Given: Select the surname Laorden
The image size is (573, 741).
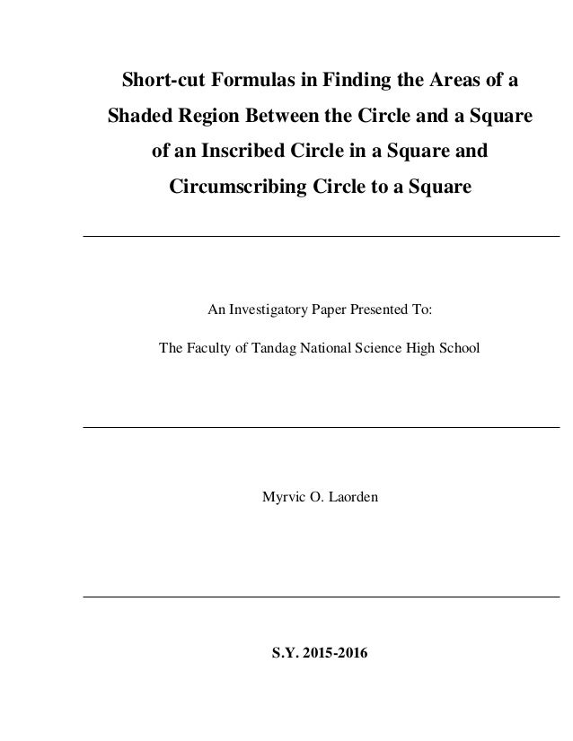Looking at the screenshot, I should point(354,494).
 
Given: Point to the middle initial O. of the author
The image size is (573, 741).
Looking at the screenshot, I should point(313,494).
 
